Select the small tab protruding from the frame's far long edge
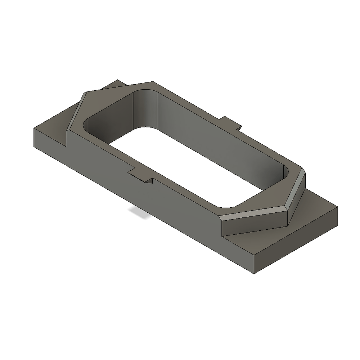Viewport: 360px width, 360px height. tap(230, 122)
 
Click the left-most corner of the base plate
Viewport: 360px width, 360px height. tap(33, 129)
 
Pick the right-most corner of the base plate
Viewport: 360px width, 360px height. tap(337, 208)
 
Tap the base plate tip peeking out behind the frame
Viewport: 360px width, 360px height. tap(114, 84)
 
